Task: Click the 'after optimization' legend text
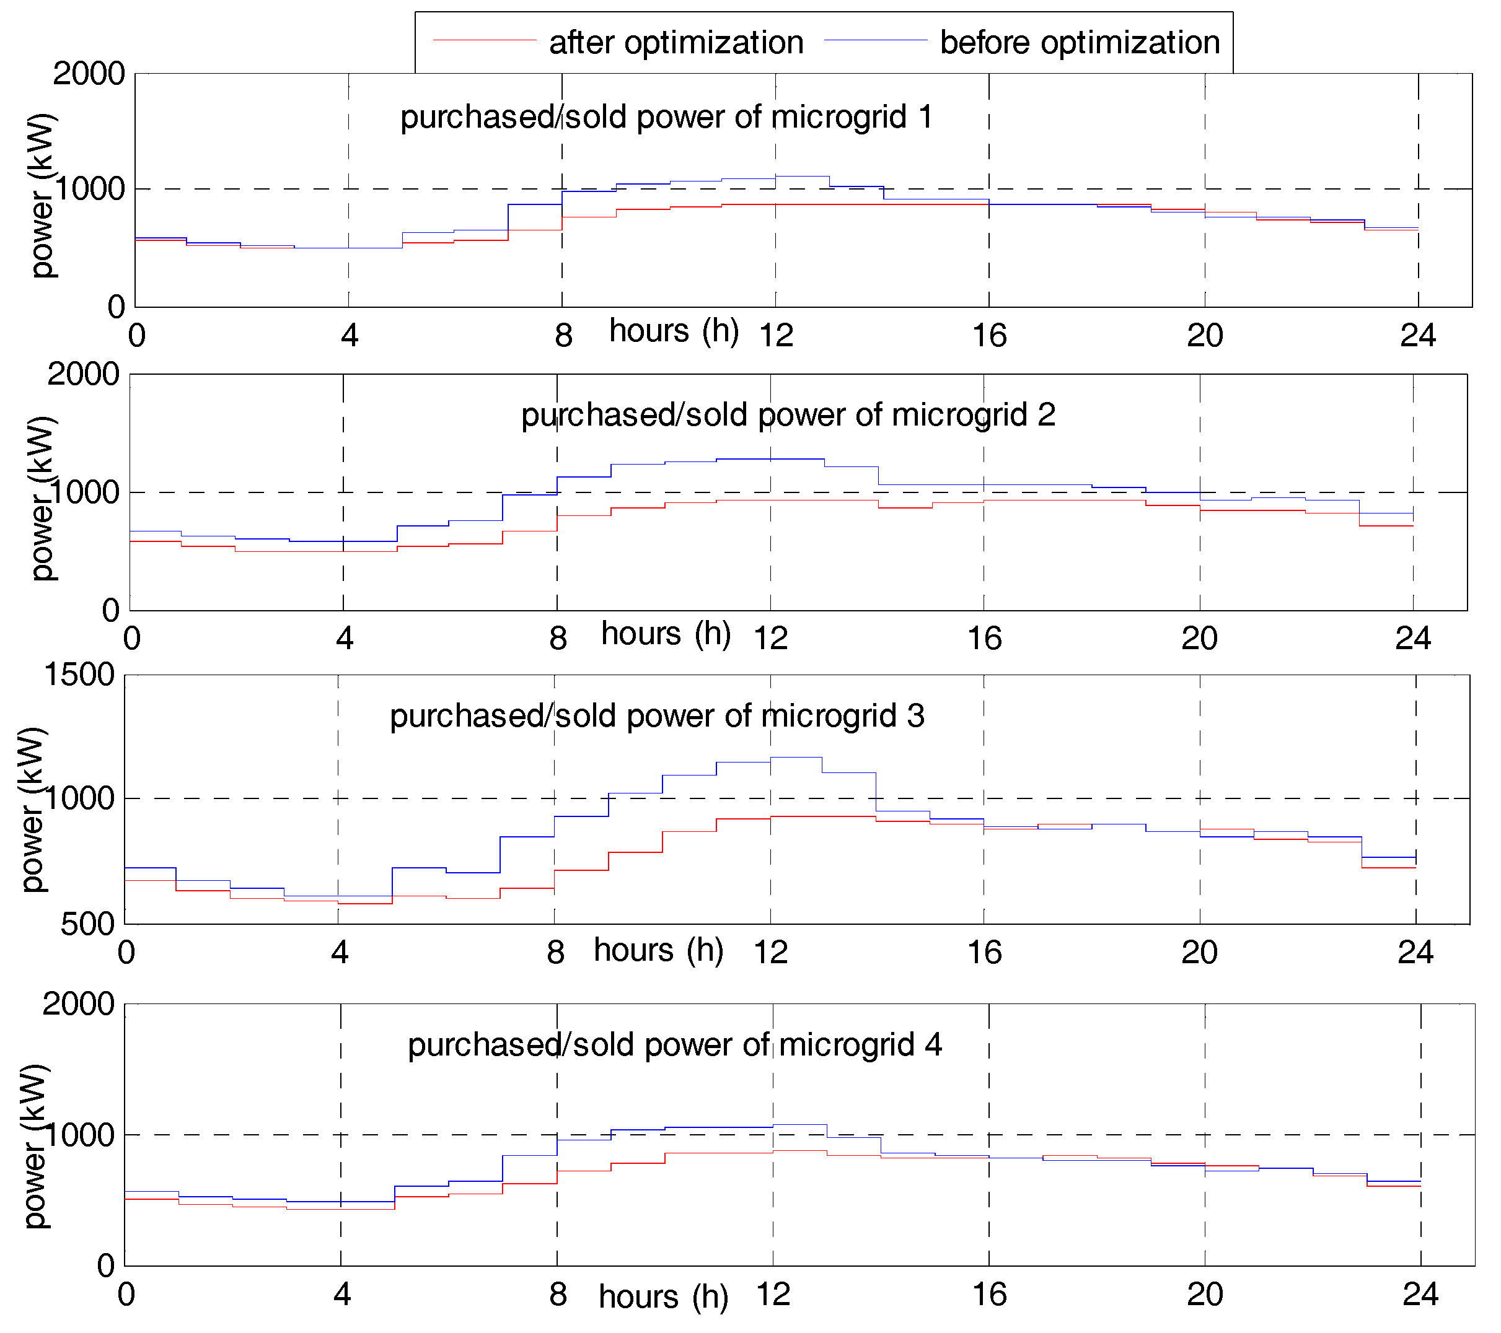(x=676, y=43)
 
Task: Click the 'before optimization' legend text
(x=1080, y=43)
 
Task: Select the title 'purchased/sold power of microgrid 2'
(x=788, y=416)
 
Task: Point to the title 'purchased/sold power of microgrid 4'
(x=675, y=1045)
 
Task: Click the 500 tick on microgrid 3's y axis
(x=87, y=924)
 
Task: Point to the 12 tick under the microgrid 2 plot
(x=770, y=638)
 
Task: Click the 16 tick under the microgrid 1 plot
(x=989, y=336)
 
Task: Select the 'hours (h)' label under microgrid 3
(x=659, y=951)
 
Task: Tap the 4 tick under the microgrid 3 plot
(x=339, y=953)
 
